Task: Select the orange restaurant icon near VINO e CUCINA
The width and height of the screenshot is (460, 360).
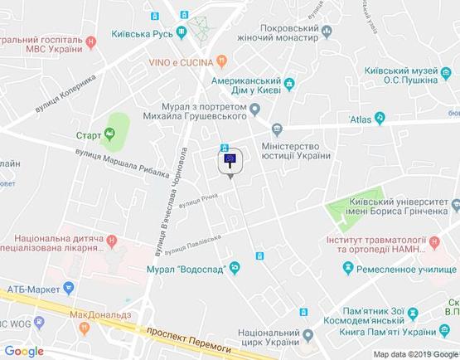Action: click(x=221, y=61)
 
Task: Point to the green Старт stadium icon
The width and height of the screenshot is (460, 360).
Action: click(x=109, y=134)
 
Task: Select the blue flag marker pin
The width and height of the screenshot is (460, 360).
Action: click(x=230, y=161)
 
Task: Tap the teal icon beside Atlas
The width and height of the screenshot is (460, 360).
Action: click(x=380, y=119)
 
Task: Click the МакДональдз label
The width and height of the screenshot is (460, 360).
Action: click(x=102, y=314)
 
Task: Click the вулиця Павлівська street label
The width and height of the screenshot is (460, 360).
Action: click(x=193, y=245)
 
